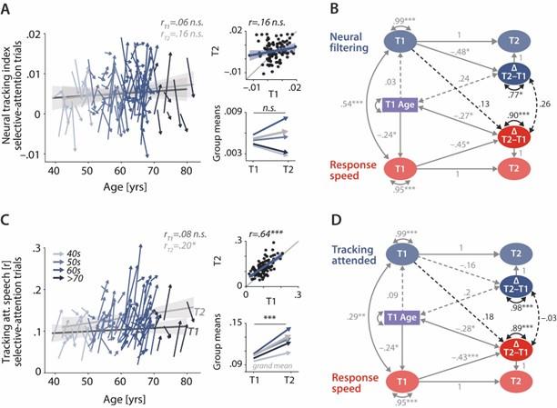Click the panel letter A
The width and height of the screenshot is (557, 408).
click(x=6, y=8)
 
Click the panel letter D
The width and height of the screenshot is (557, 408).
click(x=326, y=214)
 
